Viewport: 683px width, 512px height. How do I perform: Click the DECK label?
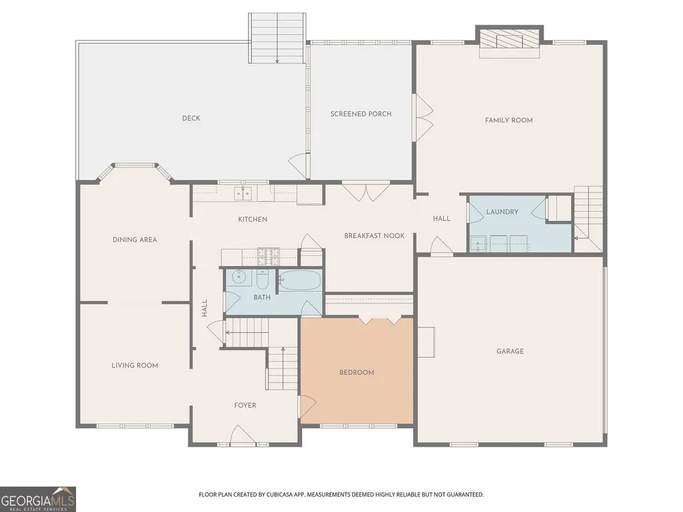tap(191, 118)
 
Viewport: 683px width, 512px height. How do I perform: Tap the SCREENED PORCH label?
tap(360, 114)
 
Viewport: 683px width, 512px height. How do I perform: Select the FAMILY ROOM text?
tap(509, 120)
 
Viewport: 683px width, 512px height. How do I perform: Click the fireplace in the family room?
tap(510, 39)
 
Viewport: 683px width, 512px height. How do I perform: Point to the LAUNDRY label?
tap(502, 212)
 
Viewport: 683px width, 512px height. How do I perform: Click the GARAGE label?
tap(510, 351)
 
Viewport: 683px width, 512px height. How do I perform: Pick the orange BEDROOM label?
tap(356, 373)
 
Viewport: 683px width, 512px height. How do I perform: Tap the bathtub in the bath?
tap(300, 280)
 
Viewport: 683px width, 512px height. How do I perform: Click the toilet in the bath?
tap(263, 280)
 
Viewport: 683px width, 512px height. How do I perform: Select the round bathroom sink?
tap(239, 276)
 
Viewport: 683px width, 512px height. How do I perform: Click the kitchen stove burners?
tap(269, 256)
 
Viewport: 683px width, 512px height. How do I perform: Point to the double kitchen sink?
tap(243, 193)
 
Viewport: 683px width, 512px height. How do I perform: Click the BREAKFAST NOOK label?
tap(374, 236)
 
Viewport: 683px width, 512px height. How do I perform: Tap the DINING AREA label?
tap(135, 240)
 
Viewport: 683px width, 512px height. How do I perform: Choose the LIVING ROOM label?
tap(135, 366)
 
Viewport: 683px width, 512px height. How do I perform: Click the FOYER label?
tap(245, 405)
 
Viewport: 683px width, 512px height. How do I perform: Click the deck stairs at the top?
tap(277, 39)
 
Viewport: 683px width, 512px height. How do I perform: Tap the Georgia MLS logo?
tap(38, 499)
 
